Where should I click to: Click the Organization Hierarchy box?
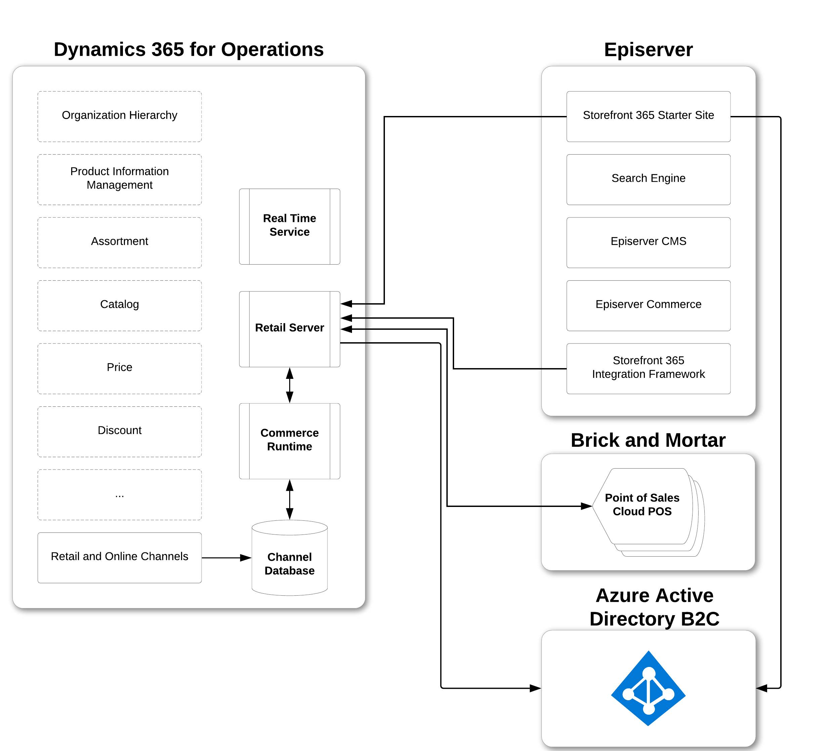(x=120, y=116)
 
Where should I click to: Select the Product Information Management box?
(x=120, y=180)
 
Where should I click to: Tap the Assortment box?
(x=120, y=243)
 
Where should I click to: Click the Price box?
(x=120, y=368)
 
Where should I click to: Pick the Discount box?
(x=120, y=432)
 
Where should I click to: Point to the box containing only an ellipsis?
(x=120, y=495)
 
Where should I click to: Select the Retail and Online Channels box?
(x=120, y=557)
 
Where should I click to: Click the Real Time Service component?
(x=290, y=226)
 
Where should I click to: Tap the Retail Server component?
(x=290, y=329)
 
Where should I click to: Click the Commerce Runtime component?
(x=290, y=441)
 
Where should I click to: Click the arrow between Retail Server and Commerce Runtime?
(x=290, y=385)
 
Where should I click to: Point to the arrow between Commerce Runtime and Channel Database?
(x=290, y=499)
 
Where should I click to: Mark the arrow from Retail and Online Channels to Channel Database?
(x=226, y=557)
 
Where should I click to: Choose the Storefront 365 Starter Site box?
(x=648, y=116)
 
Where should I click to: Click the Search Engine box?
(x=648, y=180)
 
